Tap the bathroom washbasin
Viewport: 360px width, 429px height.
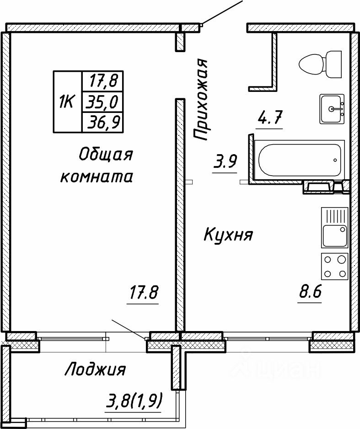[x=332, y=108]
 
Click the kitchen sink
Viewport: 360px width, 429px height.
[x=334, y=235]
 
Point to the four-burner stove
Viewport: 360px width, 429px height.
[x=335, y=266]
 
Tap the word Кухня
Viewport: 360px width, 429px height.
[x=227, y=236]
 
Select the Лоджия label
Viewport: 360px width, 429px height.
[x=95, y=369]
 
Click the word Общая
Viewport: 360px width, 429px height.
[x=106, y=155]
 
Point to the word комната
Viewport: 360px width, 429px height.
[x=97, y=177]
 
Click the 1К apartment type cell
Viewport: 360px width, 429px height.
[x=67, y=102]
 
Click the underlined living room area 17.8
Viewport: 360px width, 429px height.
[x=144, y=293]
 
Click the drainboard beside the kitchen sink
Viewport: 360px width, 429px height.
[x=334, y=215]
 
